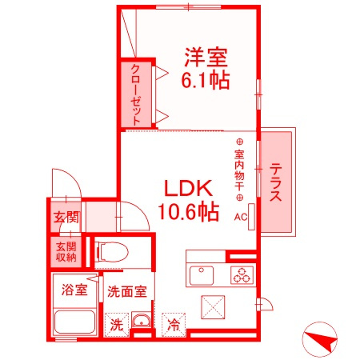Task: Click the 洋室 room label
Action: (206, 57)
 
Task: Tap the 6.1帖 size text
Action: (206, 79)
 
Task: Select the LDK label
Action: (188, 188)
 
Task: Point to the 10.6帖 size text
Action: (188, 212)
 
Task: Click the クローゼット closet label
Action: (135, 95)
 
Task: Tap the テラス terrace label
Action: (275, 182)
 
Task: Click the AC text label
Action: (241, 217)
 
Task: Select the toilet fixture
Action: (111, 252)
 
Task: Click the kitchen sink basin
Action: (202, 275)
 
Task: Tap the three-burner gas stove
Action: (242, 275)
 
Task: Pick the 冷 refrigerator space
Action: (174, 325)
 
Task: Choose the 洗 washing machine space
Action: (117, 325)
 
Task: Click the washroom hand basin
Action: (142, 320)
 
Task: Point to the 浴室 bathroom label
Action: (74, 290)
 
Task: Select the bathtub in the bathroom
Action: (74, 322)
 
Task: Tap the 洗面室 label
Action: (127, 291)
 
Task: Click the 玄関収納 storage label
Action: (66, 252)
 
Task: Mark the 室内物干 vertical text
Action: (239, 170)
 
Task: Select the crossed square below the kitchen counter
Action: (213, 307)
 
